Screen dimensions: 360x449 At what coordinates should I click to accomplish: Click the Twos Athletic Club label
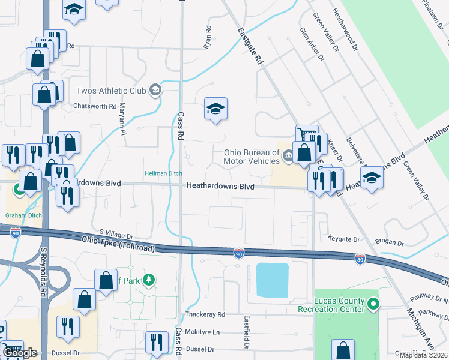tap(111, 91)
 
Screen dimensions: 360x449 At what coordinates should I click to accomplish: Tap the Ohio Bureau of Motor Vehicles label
tap(252, 157)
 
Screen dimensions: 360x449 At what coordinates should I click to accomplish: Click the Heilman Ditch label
tap(163, 174)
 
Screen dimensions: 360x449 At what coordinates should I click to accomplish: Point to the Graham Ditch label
tap(22, 215)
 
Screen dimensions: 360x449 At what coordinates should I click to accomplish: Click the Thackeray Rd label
tap(204, 314)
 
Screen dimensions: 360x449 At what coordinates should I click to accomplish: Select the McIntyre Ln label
tap(203, 332)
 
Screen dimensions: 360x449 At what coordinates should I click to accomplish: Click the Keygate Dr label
tap(344, 239)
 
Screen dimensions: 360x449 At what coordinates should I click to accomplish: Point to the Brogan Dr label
tap(389, 242)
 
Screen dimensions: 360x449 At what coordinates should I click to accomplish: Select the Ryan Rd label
tap(208, 37)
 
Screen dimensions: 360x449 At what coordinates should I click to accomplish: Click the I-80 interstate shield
tap(360, 259)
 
